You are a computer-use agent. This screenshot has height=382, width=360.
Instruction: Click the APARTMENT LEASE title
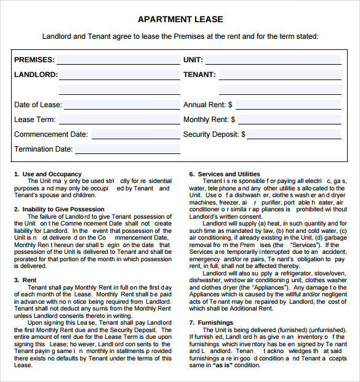pos(180,19)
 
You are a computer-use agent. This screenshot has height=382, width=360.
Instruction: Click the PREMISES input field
pos(118,60)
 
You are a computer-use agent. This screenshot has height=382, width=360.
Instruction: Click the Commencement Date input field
pos(135,135)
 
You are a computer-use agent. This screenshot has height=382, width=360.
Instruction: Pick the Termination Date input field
pos(127,150)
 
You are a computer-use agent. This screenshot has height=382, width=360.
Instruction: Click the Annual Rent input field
pos(288,105)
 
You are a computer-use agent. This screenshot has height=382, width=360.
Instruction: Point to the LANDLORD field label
pos(36,75)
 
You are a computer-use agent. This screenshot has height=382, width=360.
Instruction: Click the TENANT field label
pos(199,75)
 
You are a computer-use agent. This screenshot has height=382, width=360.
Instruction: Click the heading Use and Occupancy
pos(52,174)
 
